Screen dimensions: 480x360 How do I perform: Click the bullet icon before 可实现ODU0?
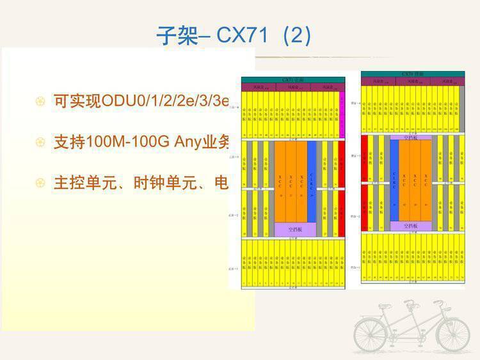(40, 101)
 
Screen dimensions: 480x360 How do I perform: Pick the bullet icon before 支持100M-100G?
(40, 142)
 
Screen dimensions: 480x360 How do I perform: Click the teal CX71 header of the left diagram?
(293, 80)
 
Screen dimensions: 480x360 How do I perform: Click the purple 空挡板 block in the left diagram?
(295, 229)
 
